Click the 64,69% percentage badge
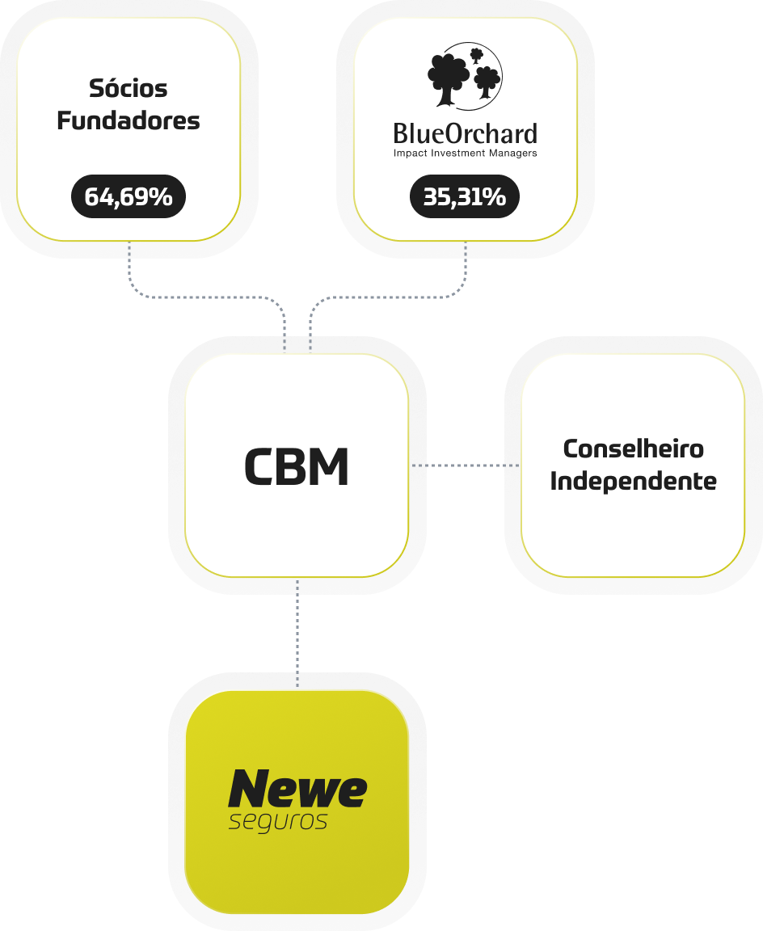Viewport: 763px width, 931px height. pos(129,197)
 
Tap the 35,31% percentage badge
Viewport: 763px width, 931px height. pos(465,197)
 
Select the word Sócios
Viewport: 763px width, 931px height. pos(129,87)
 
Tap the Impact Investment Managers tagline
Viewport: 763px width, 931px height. pos(465,153)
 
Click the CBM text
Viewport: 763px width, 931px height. pos(297,466)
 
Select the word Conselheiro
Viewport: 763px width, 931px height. pos(633,449)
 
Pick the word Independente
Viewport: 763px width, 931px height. pos(633,482)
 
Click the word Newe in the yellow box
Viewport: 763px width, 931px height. pos(297,789)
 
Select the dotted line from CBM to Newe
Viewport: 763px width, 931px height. pos(297,634)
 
